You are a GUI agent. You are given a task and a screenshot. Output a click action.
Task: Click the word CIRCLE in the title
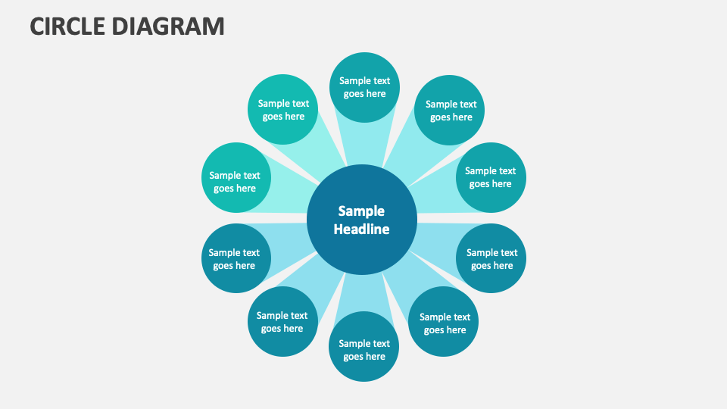67,27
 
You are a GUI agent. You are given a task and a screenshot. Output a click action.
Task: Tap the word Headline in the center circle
362,229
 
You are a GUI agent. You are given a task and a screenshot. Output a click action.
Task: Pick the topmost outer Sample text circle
365,87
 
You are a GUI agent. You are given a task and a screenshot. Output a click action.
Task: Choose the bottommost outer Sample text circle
364,346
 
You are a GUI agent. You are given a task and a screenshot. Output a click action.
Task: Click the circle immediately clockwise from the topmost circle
450,111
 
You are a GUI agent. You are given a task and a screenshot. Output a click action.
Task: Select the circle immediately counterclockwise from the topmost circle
282,109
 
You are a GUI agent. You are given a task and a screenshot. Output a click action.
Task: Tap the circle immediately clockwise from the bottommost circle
282,322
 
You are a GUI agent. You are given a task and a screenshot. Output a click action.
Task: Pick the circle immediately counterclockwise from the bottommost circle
444,322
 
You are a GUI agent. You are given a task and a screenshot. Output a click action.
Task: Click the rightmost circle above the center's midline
491,177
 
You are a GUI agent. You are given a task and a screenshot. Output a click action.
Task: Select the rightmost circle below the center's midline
491,258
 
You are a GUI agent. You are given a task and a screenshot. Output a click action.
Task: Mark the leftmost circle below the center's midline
235,258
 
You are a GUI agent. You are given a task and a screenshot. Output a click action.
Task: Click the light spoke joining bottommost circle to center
364,292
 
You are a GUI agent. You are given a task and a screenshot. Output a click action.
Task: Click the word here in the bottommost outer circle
376,357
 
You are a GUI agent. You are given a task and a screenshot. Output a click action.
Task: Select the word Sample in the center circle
361,211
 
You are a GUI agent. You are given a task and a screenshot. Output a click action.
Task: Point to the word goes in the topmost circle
353,94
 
